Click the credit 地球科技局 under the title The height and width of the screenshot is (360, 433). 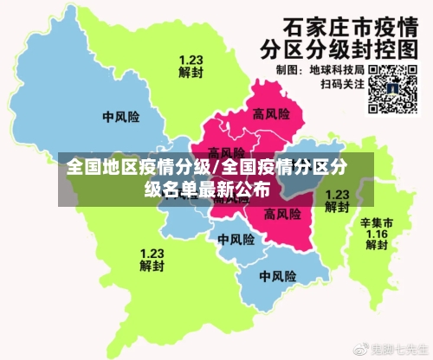tap(339, 69)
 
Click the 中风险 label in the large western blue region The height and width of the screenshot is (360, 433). tap(120, 116)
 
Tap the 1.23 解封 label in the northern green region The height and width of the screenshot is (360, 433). tap(191, 66)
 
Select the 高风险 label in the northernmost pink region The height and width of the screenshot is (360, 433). tap(270, 113)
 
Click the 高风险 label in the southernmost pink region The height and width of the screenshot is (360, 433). tap(282, 213)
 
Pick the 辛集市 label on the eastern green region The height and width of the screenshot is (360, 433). tap(377, 222)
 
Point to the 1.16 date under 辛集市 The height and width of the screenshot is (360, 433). tap(377, 234)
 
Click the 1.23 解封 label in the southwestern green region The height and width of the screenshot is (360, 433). tap(152, 260)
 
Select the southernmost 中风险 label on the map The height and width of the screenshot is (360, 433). tap(278, 277)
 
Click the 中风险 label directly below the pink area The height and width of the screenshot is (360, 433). tap(236, 240)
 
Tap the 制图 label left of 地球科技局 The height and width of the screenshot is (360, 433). tap(287, 69)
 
